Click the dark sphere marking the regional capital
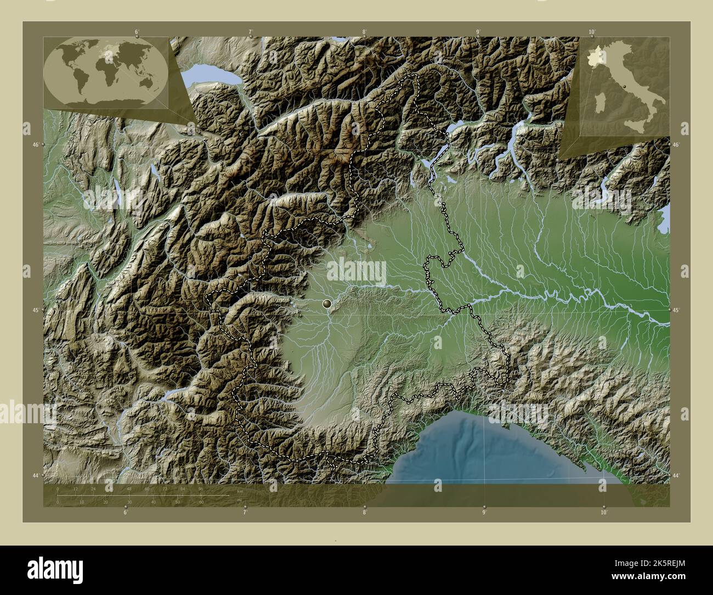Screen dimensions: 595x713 pyautogui.click(x=328, y=303)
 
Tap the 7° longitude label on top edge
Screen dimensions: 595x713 pyautogui.click(x=251, y=32)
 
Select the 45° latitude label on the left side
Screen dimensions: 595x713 pyautogui.click(x=36, y=310)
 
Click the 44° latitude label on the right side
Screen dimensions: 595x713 pyautogui.click(x=676, y=475)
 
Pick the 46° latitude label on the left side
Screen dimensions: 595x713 pyautogui.click(x=36, y=144)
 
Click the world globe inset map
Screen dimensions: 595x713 pyautogui.click(x=106, y=74)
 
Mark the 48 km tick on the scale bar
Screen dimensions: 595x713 pyautogui.click(x=129, y=489)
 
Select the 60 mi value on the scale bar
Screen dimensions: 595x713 pyautogui.click(x=201, y=502)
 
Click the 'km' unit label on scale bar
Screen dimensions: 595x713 pyautogui.click(x=240, y=490)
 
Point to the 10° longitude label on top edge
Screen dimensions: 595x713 pyautogui.click(x=591, y=32)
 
